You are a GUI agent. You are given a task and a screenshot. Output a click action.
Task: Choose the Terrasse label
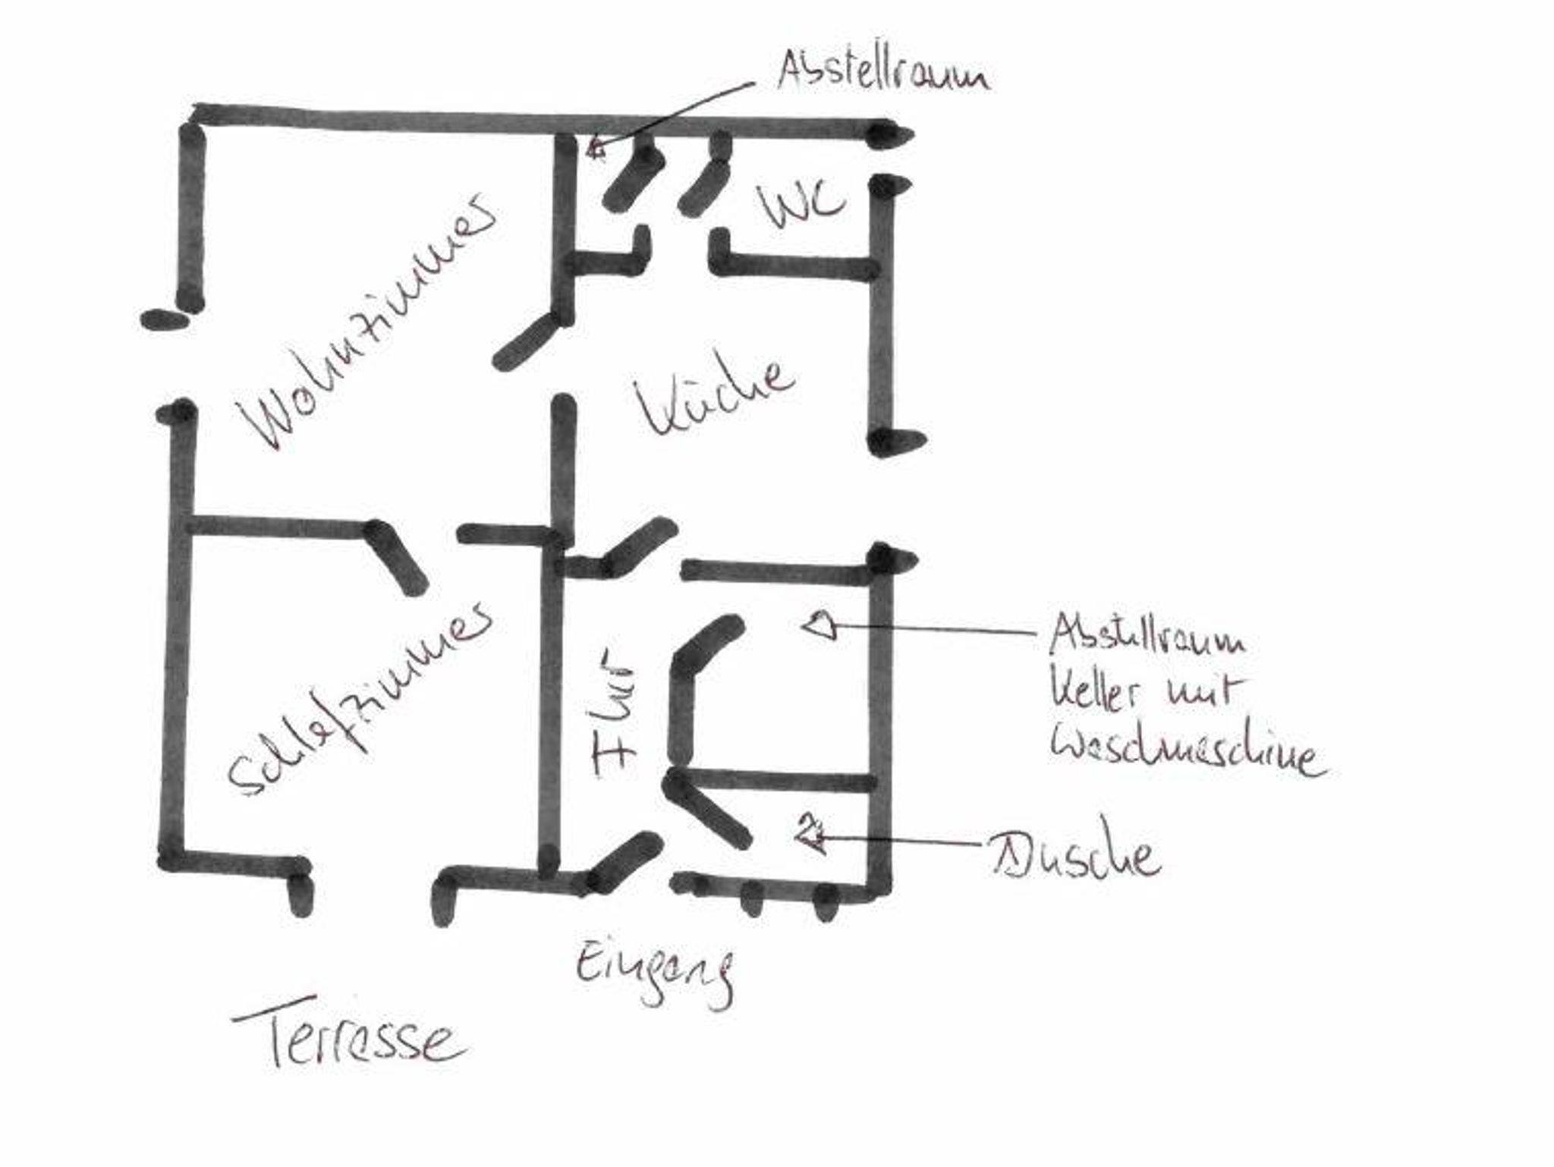[x=349, y=1036]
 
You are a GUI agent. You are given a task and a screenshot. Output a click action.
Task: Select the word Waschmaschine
[x=1188, y=751]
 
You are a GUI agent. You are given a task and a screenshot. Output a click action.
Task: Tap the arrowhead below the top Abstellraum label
[x=596, y=147]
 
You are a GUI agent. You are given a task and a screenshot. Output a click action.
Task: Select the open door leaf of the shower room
[x=709, y=812]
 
